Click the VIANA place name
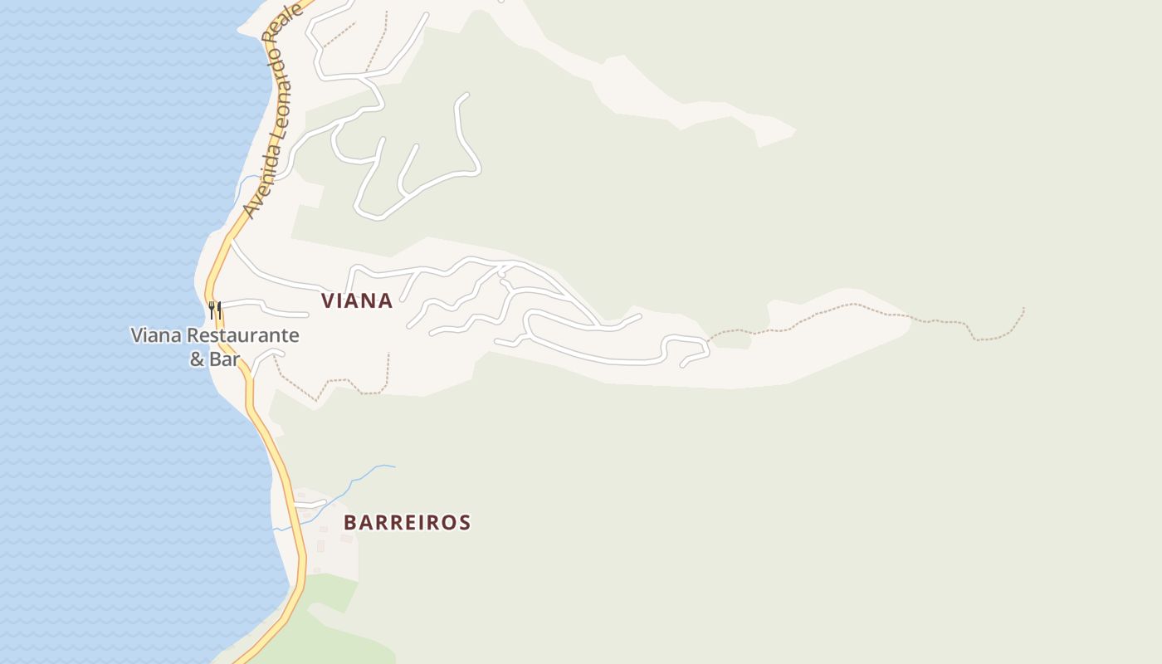(x=357, y=300)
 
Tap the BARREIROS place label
(x=407, y=523)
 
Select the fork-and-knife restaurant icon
(x=215, y=310)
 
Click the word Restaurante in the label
(x=242, y=336)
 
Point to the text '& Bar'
(x=215, y=359)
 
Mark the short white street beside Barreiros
(x=310, y=503)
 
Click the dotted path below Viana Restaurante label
(x=332, y=384)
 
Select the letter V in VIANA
(x=329, y=300)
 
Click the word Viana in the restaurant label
(x=156, y=336)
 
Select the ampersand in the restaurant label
(x=197, y=359)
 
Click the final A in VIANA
(x=385, y=300)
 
